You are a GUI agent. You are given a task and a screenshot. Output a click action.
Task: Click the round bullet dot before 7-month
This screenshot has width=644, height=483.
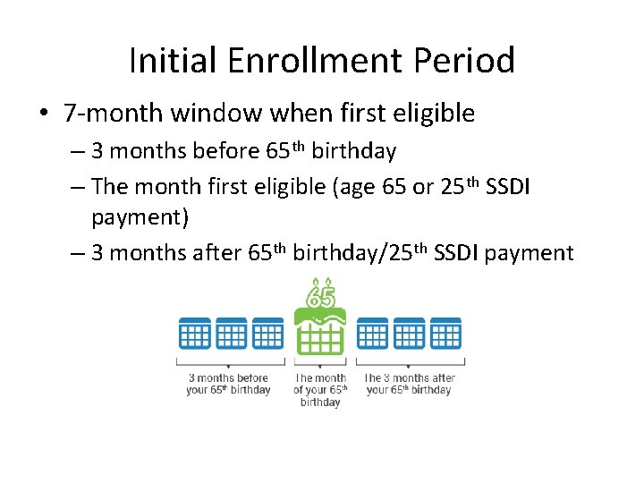(44, 114)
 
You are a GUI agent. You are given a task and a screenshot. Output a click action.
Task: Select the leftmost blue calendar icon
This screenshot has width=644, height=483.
(194, 334)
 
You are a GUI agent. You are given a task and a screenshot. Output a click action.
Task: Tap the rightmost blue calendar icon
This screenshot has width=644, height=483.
(445, 334)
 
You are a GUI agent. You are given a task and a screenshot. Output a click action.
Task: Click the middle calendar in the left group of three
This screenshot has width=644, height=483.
(231, 334)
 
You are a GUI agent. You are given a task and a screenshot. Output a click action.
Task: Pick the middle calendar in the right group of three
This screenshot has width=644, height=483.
(409, 334)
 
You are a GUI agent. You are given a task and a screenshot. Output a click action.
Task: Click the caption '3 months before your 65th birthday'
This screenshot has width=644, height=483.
(229, 384)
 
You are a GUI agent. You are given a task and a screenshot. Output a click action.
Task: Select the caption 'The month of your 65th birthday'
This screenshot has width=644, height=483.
(320, 390)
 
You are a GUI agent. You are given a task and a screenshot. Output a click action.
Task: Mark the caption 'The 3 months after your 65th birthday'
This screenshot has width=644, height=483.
(410, 384)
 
